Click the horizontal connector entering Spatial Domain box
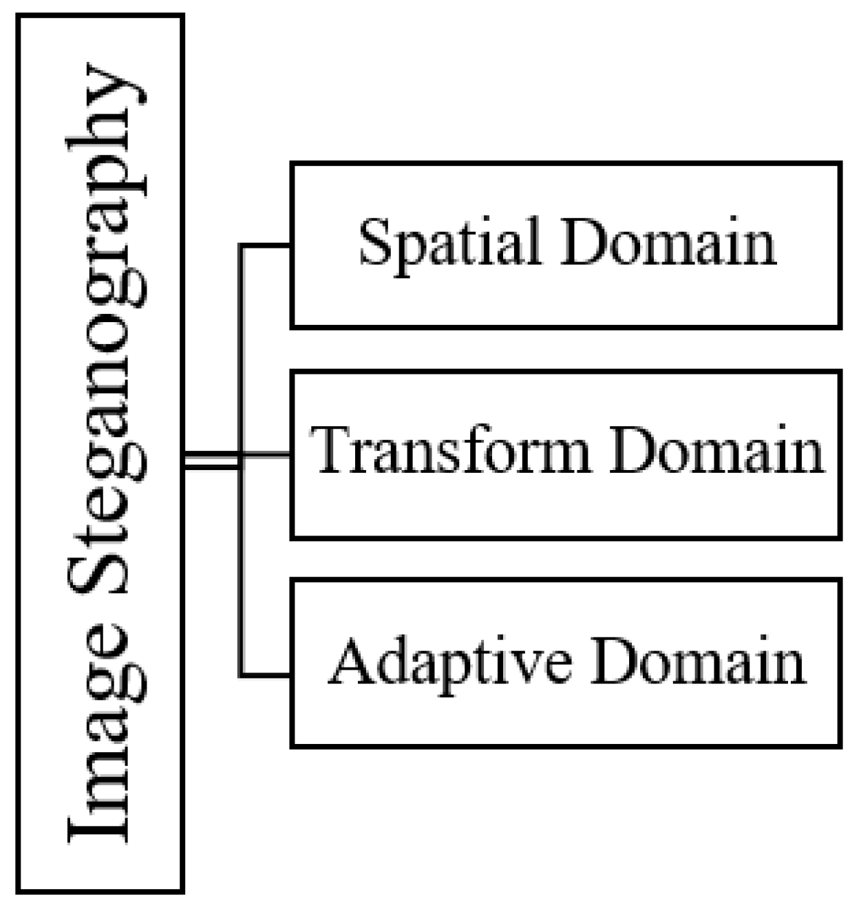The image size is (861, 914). [x=266, y=245]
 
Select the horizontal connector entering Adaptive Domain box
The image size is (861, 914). [x=266, y=675]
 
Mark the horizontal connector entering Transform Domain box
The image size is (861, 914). [x=266, y=454]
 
